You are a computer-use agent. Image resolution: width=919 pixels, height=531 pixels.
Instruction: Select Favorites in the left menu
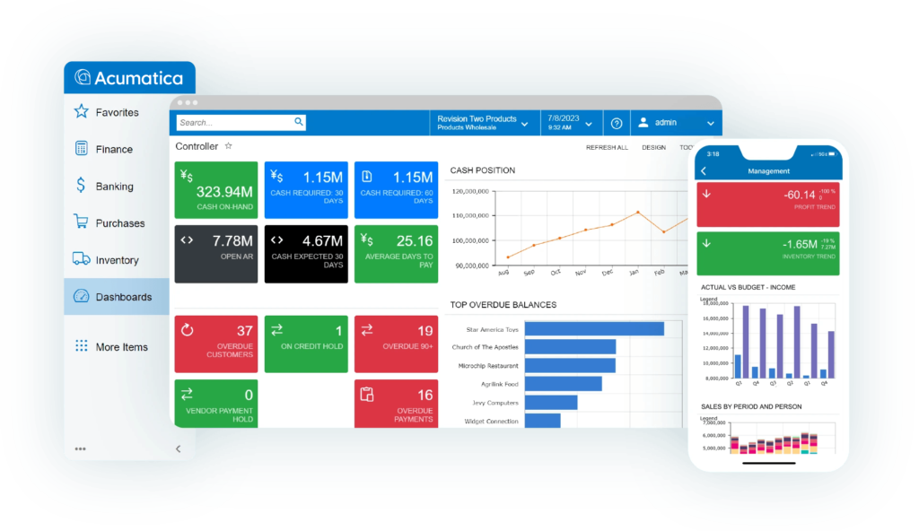tap(117, 112)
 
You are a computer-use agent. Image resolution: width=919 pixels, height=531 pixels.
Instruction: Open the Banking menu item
tap(114, 187)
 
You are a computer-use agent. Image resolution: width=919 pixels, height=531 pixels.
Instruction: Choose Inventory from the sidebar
tap(117, 260)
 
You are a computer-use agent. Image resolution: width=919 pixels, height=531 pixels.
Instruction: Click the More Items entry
tap(121, 347)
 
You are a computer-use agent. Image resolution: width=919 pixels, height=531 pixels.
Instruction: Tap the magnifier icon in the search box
tap(299, 122)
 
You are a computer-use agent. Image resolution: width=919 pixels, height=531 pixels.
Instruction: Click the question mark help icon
tap(617, 123)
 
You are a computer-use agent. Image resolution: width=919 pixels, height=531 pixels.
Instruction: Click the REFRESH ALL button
tap(607, 147)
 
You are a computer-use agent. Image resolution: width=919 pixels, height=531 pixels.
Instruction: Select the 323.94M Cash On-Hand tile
tap(215, 190)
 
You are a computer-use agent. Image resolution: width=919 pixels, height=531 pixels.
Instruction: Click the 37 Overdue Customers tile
tap(215, 343)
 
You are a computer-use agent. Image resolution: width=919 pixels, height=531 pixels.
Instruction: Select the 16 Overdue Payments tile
tap(396, 404)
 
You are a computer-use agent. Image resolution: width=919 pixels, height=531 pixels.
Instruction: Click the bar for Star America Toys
tap(594, 329)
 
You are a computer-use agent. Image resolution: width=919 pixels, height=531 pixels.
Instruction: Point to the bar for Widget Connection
tap(542, 421)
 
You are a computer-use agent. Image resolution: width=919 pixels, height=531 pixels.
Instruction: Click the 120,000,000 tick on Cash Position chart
tap(470, 191)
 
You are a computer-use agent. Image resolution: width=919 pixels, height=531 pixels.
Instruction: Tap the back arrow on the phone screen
tap(704, 170)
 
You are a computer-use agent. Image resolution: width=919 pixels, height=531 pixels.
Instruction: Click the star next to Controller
tap(228, 145)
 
